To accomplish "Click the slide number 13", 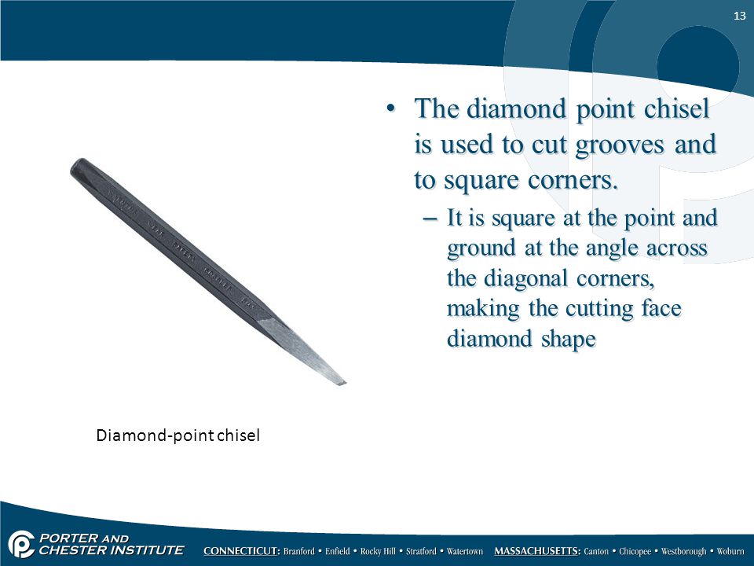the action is point(740,16).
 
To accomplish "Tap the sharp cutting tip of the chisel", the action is point(345,383).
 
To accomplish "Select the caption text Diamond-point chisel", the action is point(178,435).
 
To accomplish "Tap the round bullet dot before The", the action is point(391,108).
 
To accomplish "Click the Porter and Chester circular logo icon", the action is point(20,544).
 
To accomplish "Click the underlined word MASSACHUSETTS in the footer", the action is point(537,551).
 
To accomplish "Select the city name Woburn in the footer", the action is point(730,552).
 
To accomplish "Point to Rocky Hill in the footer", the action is point(379,552).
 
